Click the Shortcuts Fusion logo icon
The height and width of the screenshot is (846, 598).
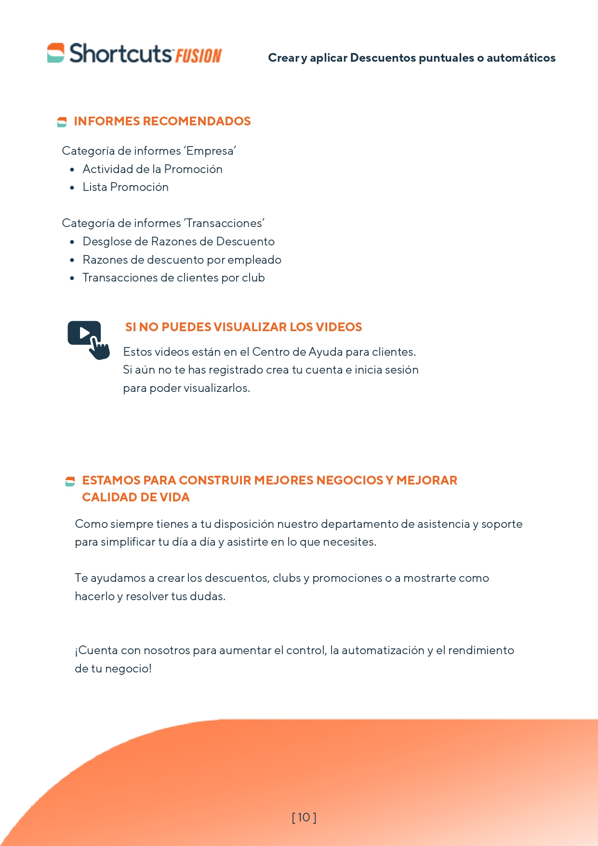tap(55, 53)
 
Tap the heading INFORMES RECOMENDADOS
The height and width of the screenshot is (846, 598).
tap(162, 121)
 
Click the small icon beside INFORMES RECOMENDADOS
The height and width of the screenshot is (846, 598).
tap(62, 122)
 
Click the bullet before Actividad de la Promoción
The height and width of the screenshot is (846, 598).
tap(72, 170)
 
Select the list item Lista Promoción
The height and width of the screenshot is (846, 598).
tap(125, 187)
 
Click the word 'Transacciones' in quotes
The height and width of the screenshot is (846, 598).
tap(225, 223)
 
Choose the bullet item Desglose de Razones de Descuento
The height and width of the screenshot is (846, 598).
tap(178, 242)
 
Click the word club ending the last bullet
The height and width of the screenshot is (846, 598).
tap(253, 278)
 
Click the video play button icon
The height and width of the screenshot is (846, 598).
tap(84, 333)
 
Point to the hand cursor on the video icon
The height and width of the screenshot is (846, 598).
tap(100, 349)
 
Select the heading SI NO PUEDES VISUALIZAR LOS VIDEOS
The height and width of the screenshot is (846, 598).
tap(243, 327)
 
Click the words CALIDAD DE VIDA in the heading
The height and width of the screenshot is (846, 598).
tap(136, 497)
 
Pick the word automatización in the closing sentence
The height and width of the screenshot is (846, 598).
tap(383, 650)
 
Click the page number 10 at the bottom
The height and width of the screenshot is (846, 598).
tap(304, 817)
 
